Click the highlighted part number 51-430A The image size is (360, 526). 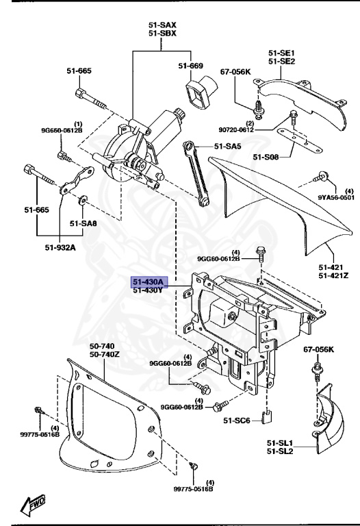(148, 281)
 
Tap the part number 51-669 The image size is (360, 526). (192, 66)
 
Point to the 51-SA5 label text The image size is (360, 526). (228, 146)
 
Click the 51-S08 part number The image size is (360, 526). (266, 158)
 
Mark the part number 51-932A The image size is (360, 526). (62, 247)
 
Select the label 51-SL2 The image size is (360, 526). (281, 452)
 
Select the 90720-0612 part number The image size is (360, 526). (236, 129)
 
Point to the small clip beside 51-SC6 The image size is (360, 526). (270, 416)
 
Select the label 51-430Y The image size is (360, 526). (148, 290)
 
